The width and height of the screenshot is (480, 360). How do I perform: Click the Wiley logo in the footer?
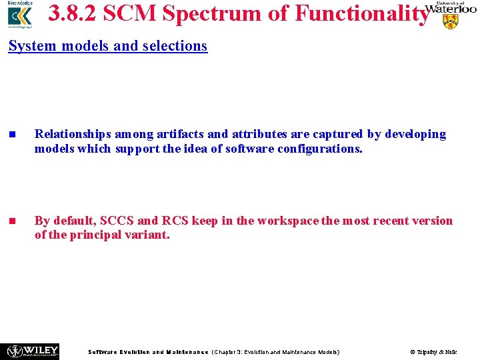click(x=32, y=351)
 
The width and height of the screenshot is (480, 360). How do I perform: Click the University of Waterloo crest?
click(x=451, y=21)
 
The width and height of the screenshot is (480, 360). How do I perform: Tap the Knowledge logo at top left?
click(x=19, y=15)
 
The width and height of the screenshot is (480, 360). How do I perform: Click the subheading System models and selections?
click(x=108, y=46)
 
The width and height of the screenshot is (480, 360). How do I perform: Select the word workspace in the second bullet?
click(x=287, y=221)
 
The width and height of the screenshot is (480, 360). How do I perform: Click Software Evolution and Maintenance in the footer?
click(x=148, y=351)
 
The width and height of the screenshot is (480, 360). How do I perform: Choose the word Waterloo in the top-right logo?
click(x=451, y=9)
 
